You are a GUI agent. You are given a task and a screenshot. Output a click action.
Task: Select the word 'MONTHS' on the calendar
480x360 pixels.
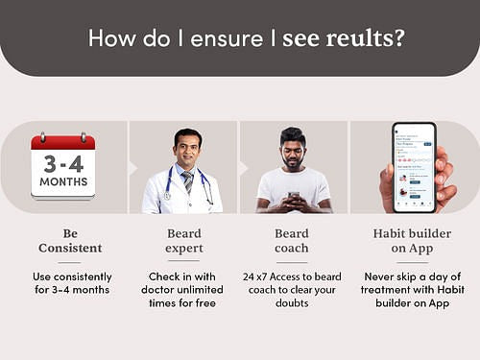63,181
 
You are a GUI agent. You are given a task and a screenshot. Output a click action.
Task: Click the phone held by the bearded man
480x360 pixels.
295,196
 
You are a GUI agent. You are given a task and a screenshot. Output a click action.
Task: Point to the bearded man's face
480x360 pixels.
295,149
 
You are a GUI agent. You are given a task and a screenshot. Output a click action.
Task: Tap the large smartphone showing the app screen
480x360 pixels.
413,165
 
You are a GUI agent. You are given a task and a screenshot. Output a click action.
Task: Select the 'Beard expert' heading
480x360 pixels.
184,240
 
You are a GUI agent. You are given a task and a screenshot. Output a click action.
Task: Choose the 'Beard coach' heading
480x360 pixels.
292,240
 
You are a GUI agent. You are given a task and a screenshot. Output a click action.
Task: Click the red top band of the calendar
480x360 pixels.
63,141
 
